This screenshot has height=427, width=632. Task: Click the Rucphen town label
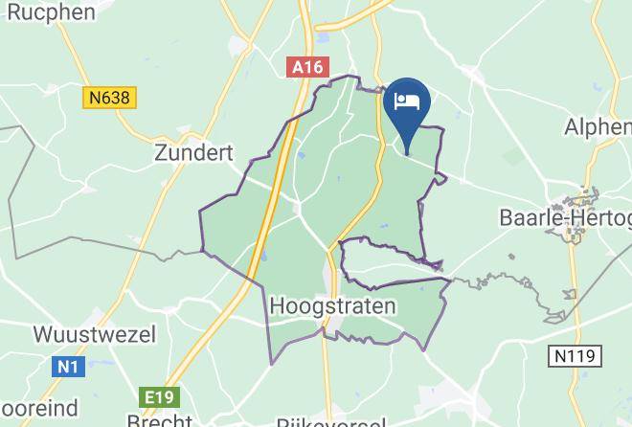click(x=49, y=11)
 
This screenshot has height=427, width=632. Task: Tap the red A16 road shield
click(x=307, y=68)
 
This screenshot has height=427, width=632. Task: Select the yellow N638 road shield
click(x=110, y=98)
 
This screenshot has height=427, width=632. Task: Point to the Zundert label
click(x=193, y=152)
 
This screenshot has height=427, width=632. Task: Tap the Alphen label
click(x=598, y=127)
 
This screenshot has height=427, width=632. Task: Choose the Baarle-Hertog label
click(x=565, y=218)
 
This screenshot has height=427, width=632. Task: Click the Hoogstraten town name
click(x=332, y=306)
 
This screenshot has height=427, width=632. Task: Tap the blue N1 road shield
click(x=64, y=367)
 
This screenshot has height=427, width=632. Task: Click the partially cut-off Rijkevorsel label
click(x=330, y=421)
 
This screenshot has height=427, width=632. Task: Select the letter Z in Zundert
click(x=162, y=152)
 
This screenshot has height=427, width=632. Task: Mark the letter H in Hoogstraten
click(x=279, y=306)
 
